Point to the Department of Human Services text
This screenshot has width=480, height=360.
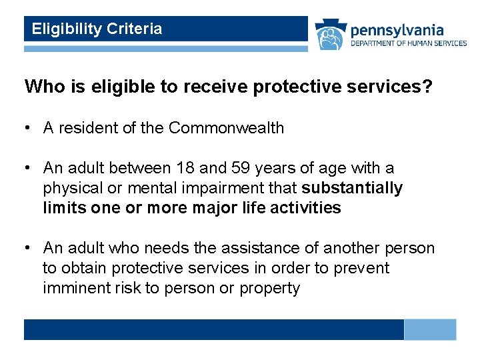pyautogui.click(x=409, y=43)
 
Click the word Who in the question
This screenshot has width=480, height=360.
pyautogui.click(x=42, y=87)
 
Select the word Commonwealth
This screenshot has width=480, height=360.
pyautogui.click(x=227, y=128)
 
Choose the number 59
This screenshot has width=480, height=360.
pyautogui.click(x=233, y=169)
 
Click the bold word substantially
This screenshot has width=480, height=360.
pyautogui.click(x=352, y=189)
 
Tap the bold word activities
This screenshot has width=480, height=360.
pyautogui.click(x=303, y=208)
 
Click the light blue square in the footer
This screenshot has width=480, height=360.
pyautogui.click(x=430, y=329)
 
